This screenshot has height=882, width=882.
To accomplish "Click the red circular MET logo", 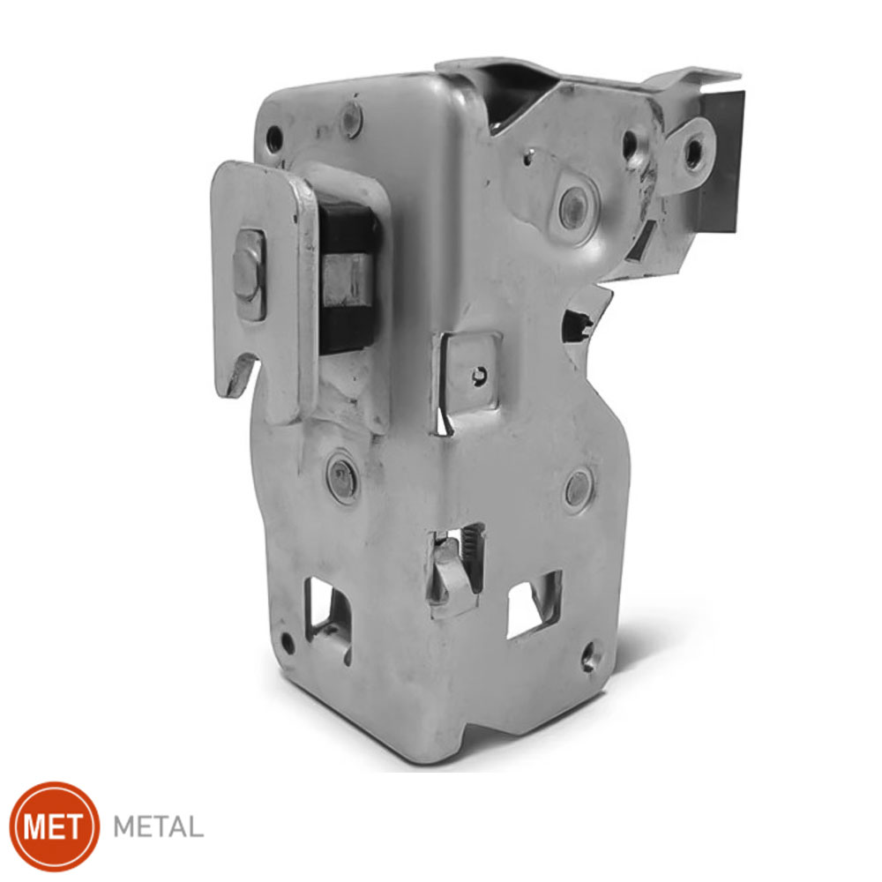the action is [55, 826].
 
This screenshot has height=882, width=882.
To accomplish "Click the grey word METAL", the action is [158, 827].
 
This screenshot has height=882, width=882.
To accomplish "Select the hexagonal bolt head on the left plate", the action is [249, 274].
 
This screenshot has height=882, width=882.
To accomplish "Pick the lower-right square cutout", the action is [534, 605].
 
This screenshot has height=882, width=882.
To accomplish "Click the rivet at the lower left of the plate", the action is [342, 480].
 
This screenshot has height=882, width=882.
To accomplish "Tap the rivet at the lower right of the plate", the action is [579, 489].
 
